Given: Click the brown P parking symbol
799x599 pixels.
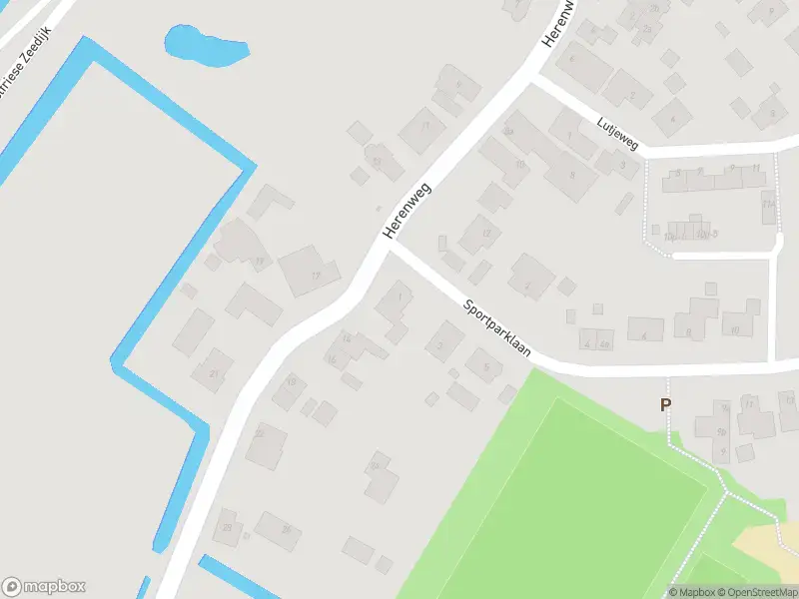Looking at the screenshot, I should pos(664,404).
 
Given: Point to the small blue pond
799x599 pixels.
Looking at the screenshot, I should pos(203,44).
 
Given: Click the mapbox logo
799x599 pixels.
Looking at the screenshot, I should pos(44,586).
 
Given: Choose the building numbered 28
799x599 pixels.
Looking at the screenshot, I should pos(229,526).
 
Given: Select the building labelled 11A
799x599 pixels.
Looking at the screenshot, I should pos(768,206).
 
